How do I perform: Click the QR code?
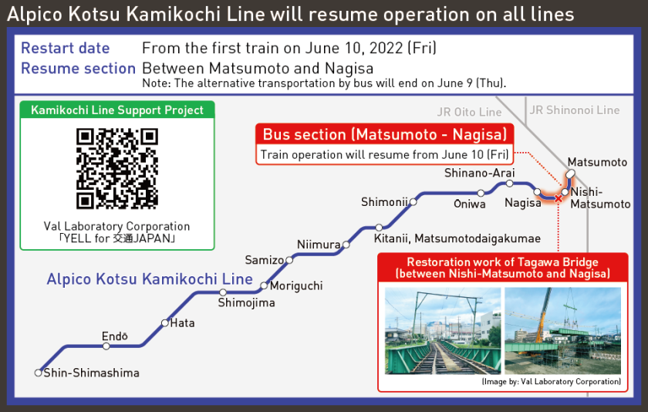point(117,168)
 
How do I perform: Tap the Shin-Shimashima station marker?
point(39,373)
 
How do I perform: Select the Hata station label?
point(182,323)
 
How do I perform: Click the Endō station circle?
point(106,346)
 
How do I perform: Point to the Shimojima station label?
point(246,302)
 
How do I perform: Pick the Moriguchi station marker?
point(264,285)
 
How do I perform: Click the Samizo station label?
point(265,260)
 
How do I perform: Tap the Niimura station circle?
point(346,245)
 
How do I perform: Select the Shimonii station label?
point(384,202)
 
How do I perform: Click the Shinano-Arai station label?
point(479,173)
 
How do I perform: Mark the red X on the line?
point(559,199)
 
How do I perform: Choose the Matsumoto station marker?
point(571,174)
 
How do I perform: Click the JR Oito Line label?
point(470,112)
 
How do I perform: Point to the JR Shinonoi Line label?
point(575,110)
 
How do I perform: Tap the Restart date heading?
point(66,48)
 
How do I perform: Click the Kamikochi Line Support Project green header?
point(117,110)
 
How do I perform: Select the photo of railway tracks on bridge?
point(443,331)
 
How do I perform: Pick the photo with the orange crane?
point(563,331)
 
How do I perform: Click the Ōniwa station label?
point(470,204)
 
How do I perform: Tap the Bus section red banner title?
point(385,134)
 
